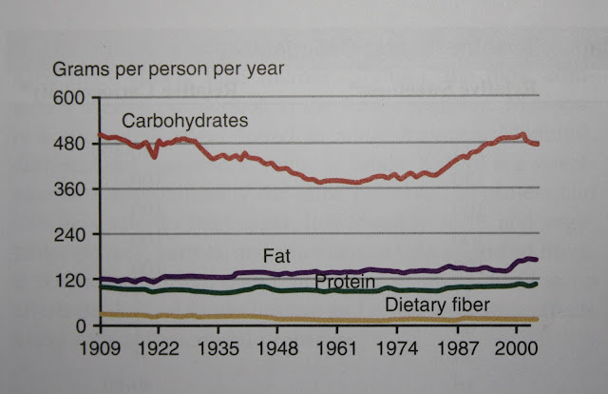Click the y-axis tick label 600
pyautogui.click(x=73, y=98)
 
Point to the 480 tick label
pyautogui.click(x=73, y=144)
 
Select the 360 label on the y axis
pyautogui.click(x=73, y=189)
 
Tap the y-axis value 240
pyautogui.click(x=73, y=235)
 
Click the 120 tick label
pyautogui.click(x=73, y=281)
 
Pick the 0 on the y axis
pyautogui.click(x=81, y=325)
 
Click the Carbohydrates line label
pyautogui.click(x=185, y=122)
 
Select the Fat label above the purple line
pyautogui.click(x=276, y=256)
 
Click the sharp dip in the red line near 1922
pyautogui.click(x=154, y=155)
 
